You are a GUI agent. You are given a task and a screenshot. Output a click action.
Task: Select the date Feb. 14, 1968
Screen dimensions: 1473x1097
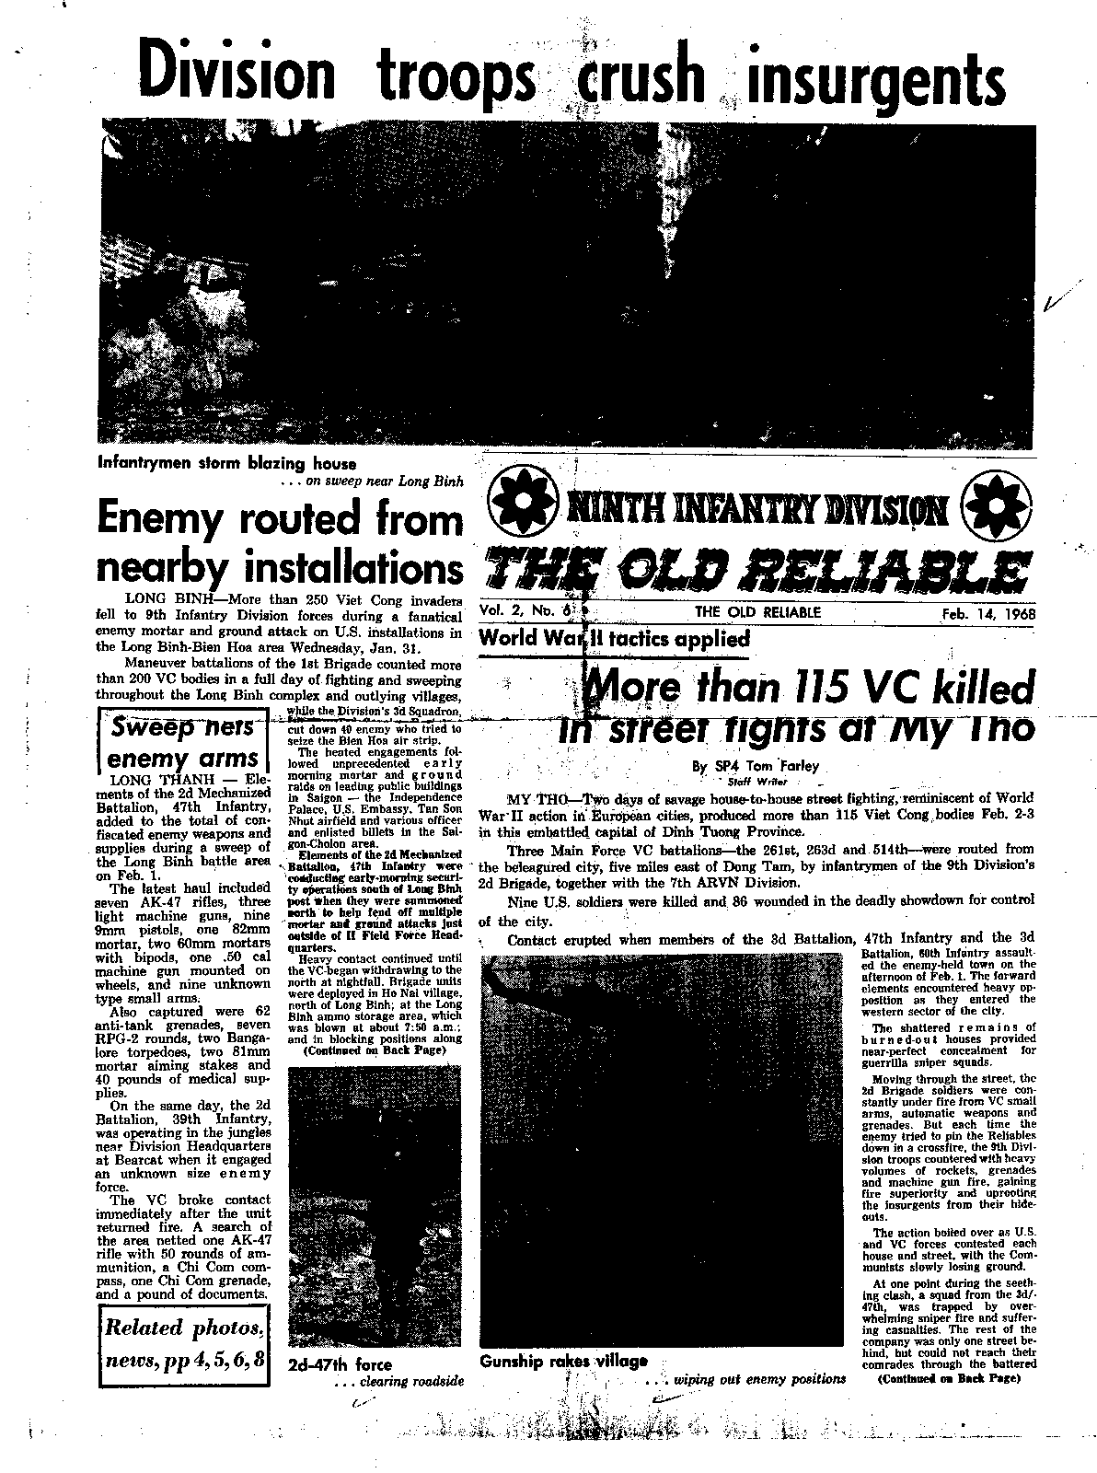pos(983,612)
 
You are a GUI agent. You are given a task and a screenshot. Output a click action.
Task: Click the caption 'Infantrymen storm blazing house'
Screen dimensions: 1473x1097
pos(226,463)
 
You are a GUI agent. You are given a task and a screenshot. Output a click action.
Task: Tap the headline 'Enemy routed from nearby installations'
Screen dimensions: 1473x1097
pos(279,543)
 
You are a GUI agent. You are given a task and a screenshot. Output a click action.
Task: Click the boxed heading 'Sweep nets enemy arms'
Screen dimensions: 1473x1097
pos(182,743)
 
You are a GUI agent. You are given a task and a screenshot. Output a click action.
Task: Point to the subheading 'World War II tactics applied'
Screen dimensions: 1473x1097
pos(614,638)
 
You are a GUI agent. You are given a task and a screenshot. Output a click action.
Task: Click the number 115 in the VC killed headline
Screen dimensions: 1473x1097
pos(824,688)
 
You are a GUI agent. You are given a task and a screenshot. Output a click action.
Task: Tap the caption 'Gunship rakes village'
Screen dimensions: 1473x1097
pos(563,1362)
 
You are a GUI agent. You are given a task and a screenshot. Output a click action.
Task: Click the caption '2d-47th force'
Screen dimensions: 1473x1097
pos(340,1364)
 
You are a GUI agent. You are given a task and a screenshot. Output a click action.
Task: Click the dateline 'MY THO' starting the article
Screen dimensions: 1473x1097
pos(533,797)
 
